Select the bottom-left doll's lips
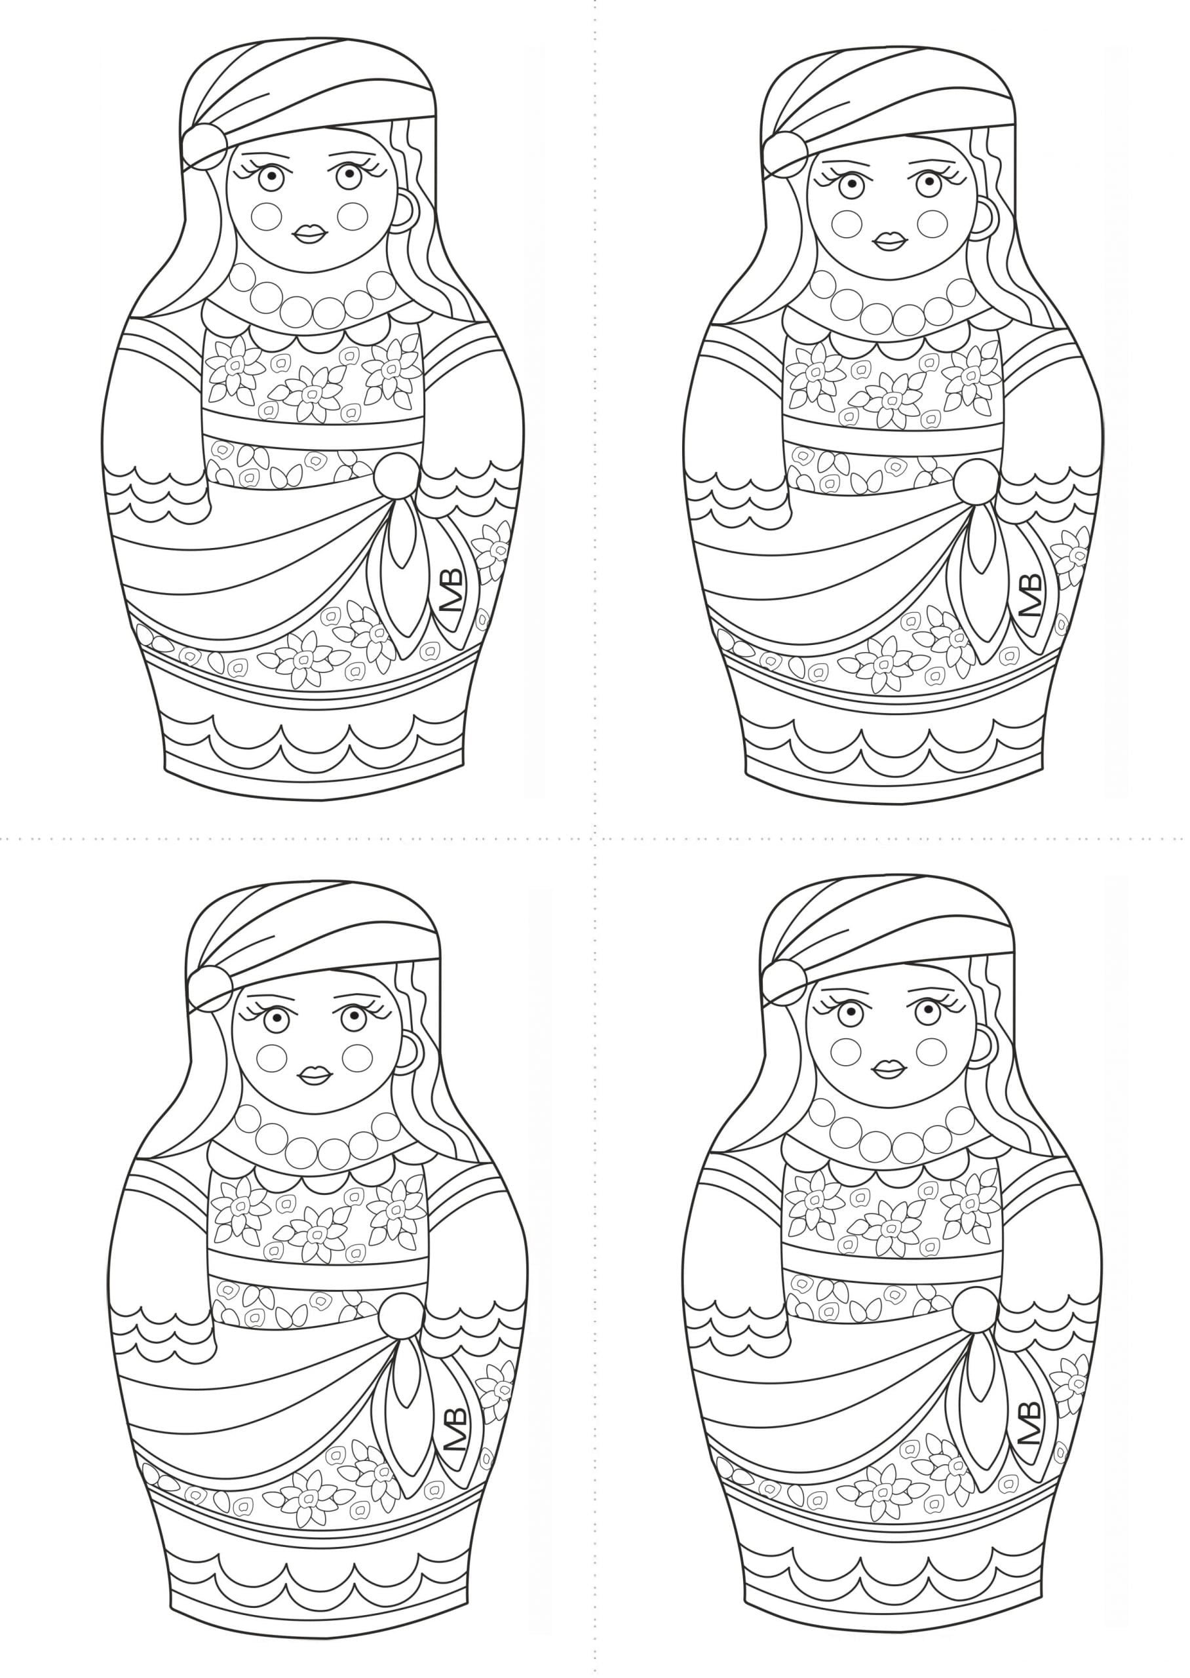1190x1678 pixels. [314, 1074]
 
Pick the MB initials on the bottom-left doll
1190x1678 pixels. [456, 1429]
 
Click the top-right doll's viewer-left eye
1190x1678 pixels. [850, 182]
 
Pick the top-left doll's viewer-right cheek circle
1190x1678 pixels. [354, 216]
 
